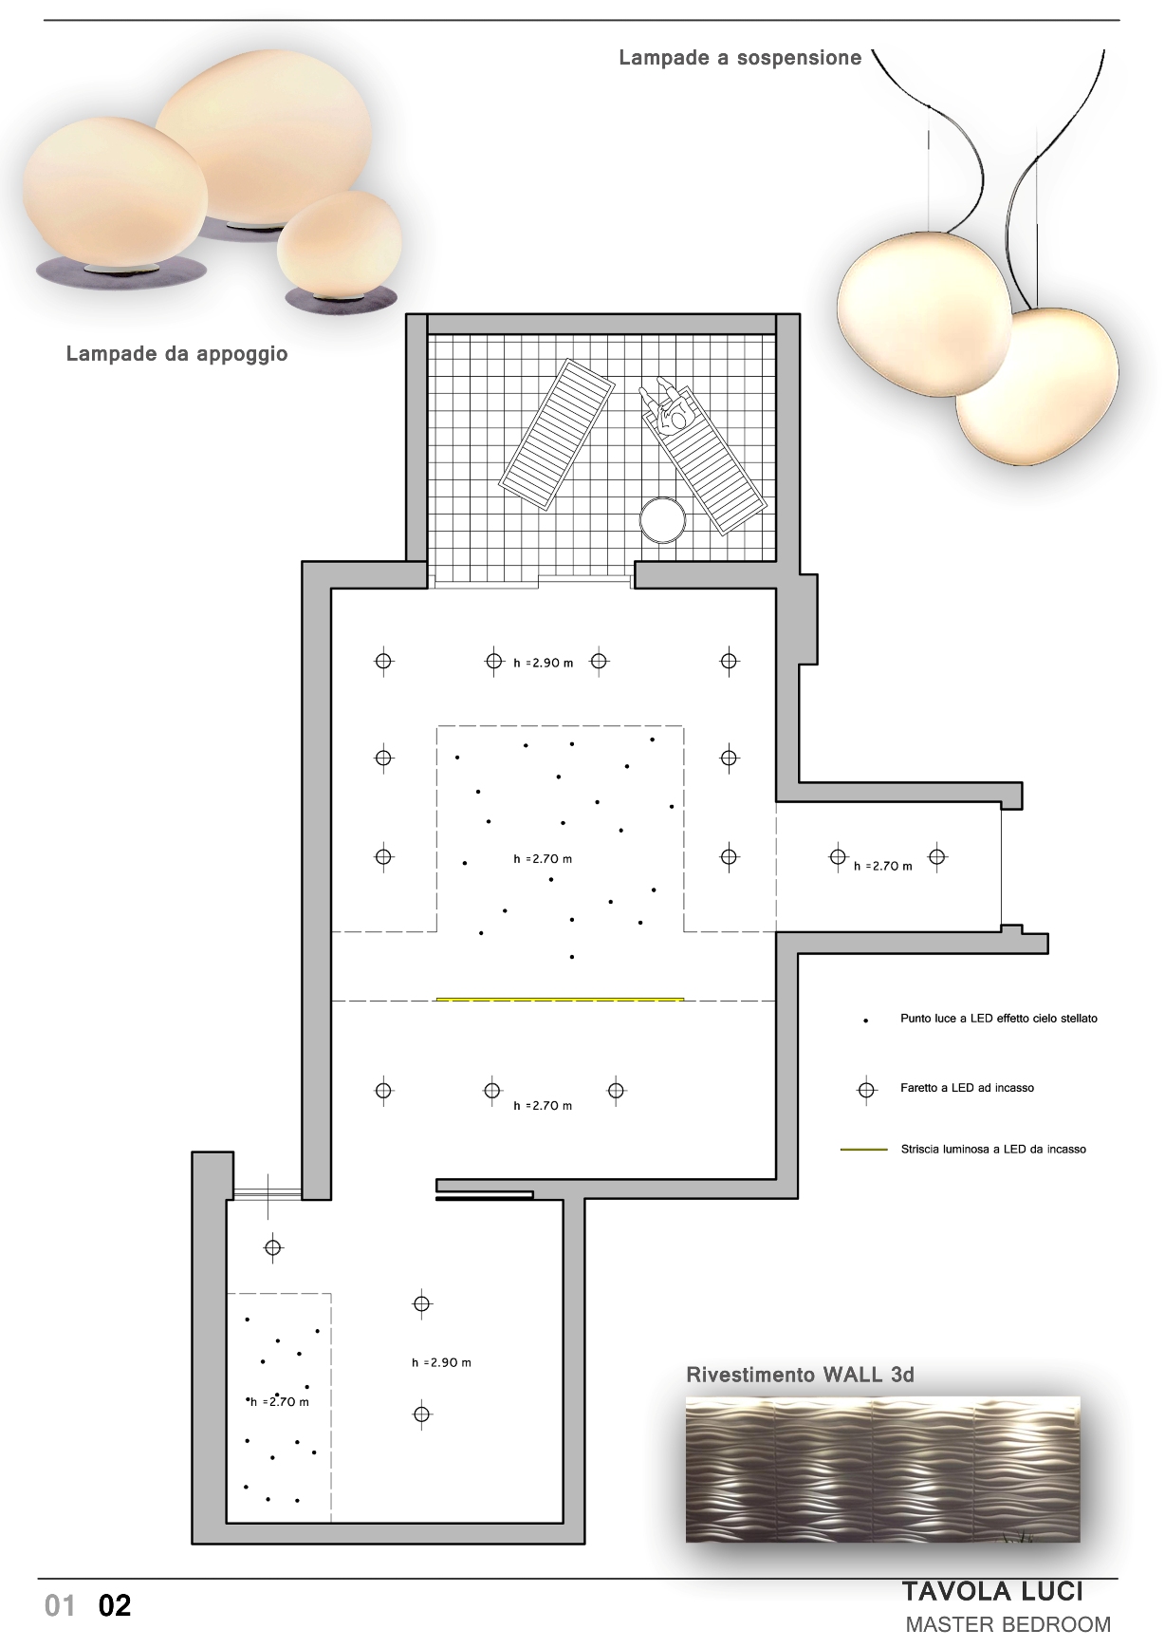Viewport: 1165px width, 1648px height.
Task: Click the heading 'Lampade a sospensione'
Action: (x=740, y=58)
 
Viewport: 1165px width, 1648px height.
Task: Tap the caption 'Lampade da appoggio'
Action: (x=176, y=354)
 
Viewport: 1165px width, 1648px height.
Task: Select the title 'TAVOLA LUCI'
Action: (x=992, y=1591)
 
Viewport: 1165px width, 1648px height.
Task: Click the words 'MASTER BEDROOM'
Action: (x=1008, y=1624)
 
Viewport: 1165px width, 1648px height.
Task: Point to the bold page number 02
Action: (x=115, y=1605)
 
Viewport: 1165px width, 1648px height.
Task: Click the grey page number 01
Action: (x=60, y=1605)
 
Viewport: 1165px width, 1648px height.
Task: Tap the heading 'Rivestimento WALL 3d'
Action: (x=800, y=1375)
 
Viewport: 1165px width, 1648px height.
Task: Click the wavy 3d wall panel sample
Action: (x=882, y=1469)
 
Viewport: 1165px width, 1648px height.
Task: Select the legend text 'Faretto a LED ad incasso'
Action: (x=967, y=1088)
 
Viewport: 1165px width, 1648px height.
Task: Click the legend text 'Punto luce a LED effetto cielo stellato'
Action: (x=998, y=1019)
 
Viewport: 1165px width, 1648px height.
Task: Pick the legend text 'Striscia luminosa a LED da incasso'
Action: (x=993, y=1149)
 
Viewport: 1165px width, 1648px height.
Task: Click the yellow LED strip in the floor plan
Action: (x=560, y=999)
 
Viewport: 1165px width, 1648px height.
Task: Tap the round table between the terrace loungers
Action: (x=662, y=519)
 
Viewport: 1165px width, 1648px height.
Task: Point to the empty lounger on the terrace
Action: (x=557, y=435)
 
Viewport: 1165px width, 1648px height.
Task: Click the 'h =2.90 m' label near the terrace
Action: (x=544, y=664)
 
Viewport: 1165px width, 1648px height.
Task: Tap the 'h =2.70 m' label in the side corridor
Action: (x=883, y=866)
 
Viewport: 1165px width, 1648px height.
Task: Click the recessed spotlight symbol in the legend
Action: (x=866, y=1090)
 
